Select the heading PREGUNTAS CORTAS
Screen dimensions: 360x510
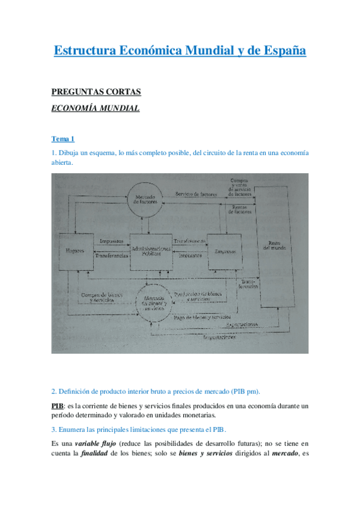pos(96,92)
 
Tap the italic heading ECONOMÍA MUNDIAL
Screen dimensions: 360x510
pos(96,108)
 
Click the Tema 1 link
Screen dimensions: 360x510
pos(63,139)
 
